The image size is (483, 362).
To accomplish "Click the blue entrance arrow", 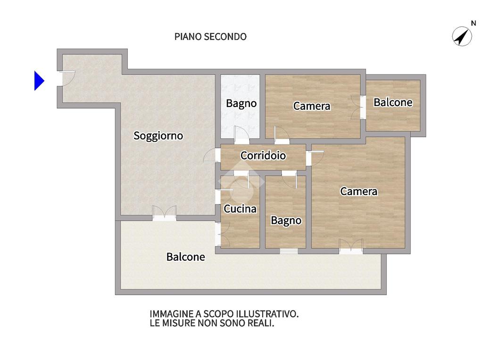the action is (x=39, y=81).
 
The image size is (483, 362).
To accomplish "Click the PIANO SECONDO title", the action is (x=210, y=37).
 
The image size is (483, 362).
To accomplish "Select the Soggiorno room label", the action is (x=158, y=136).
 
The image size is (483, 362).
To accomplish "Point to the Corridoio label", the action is (x=263, y=156).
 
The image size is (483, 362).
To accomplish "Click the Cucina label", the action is (x=240, y=209).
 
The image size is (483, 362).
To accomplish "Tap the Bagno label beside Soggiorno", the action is (x=241, y=103).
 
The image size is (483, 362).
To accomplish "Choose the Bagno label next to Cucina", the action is (x=286, y=221).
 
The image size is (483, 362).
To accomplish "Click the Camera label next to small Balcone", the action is (x=312, y=106).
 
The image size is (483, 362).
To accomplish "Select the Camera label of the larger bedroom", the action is (x=358, y=191).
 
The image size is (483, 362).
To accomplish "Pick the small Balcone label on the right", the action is (x=393, y=102).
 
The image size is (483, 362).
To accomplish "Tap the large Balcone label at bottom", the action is (x=185, y=257).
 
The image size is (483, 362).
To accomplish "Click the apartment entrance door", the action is (x=66, y=79).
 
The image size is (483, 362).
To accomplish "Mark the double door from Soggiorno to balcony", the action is (x=165, y=213).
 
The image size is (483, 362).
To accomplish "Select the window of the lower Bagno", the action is (x=289, y=251).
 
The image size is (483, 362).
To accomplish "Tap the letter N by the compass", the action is (x=474, y=23).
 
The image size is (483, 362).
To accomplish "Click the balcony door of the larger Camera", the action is (x=351, y=246).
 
